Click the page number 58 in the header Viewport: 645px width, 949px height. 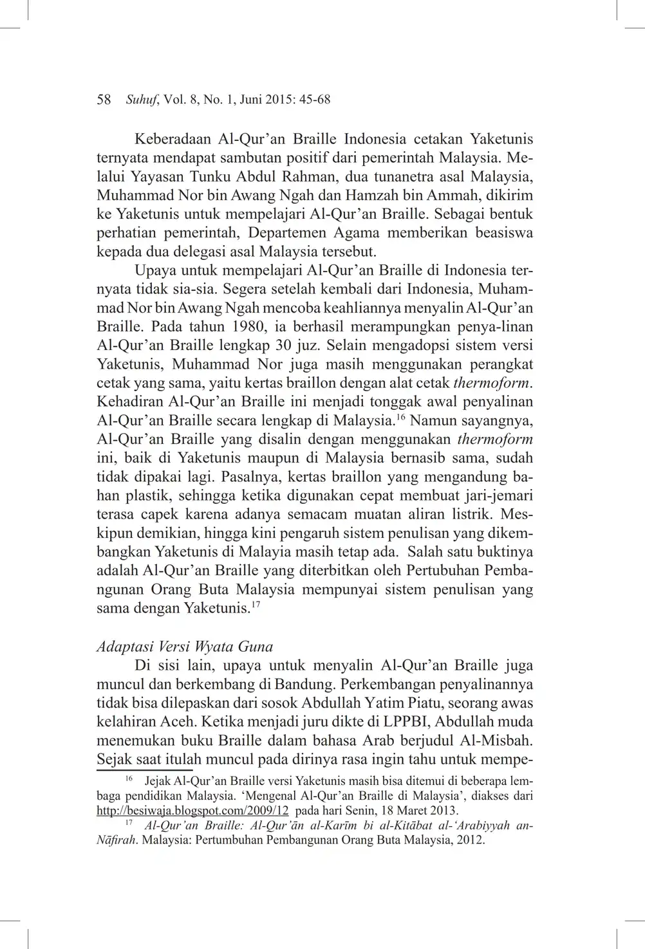[104, 100]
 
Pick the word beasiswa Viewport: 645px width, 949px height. [504, 232]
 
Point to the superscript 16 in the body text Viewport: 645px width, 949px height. [400, 419]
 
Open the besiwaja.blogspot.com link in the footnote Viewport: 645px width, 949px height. [192, 811]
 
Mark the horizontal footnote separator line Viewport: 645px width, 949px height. [145, 769]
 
